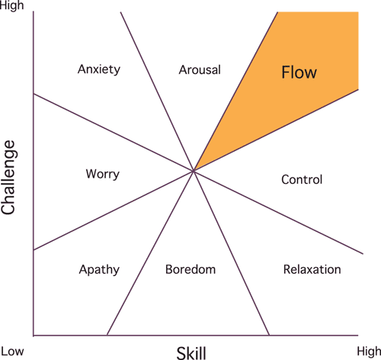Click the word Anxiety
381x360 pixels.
pyautogui.click(x=99, y=69)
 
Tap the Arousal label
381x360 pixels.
pyautogui.click(x=200, y=69)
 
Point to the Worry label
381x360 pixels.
pyautogui.click(x=102, y=174)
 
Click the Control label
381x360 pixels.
pyautogui.click(x=302, y=180)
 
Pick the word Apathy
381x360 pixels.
pyautogui.click(x=100, y=269)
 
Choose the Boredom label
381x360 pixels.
pyautogui.click(x=190, y=269)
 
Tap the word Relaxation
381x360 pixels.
pyautogui.click(x=312, y=269)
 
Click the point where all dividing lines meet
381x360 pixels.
pyautogui.click(x=194, y=172)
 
